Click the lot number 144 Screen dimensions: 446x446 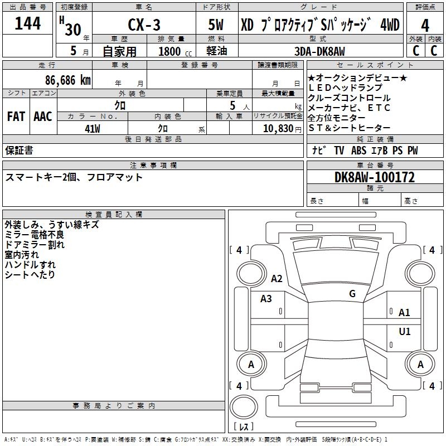point(28,24)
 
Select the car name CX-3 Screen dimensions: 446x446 point(143,26)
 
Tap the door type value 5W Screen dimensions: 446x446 point(216,26)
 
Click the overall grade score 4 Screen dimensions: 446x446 point(425,25)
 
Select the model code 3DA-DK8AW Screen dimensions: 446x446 point(319,51)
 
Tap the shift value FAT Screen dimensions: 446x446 point(16,117)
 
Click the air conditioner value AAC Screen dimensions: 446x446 point(42,117)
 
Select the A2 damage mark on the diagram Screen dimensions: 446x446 point(277,279)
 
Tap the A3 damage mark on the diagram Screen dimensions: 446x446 point(266,299)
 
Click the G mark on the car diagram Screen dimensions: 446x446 point(352,294)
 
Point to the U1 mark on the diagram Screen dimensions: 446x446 point(405,332)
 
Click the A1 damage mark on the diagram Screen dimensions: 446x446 point(405,313)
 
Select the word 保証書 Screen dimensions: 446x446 point(19,151)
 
